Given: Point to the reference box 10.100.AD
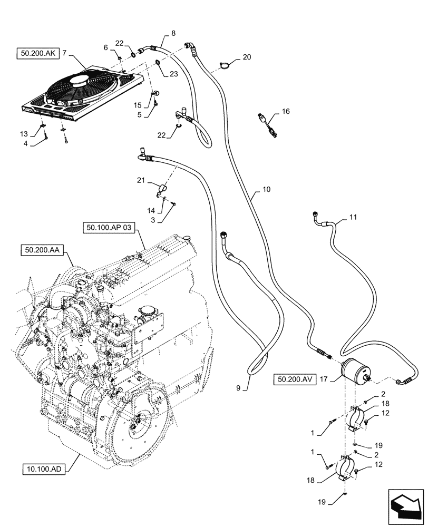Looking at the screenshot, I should coord(46,467).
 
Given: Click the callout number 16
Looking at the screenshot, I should coord(286,112).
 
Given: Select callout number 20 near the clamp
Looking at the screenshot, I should coord(247,57).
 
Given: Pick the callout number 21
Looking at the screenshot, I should coord(141,180).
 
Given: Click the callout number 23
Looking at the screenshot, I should coord(173,75).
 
